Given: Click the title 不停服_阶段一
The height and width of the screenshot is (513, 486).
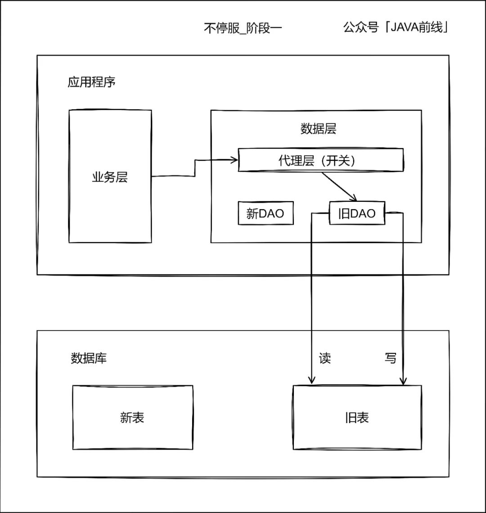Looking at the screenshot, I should (243, 29).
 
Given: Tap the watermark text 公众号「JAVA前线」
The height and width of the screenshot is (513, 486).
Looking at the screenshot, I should (396, 27).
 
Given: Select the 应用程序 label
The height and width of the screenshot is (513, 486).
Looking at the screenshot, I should (92, 82).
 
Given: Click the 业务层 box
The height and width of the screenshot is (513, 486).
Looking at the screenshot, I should (110, 177).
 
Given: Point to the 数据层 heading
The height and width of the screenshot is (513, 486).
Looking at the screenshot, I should (318, 129).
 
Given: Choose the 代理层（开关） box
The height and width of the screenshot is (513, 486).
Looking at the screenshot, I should (320, 161).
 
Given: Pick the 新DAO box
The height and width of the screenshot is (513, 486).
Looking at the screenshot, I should (265, 213).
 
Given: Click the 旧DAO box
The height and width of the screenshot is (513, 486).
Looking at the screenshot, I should (357, 214).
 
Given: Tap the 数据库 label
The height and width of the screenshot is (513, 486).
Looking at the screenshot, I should (89, 358).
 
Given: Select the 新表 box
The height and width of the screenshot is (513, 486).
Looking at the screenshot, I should (132, 417).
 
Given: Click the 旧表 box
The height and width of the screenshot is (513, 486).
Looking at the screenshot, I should (357, 417).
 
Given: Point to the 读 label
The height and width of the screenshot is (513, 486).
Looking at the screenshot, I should (325, 358).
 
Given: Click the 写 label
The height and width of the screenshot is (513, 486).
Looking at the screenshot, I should (391, 358).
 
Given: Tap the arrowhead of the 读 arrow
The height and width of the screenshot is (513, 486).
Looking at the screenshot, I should (311, 381).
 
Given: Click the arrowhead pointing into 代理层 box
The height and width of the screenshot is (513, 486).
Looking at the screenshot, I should (234, 159).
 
